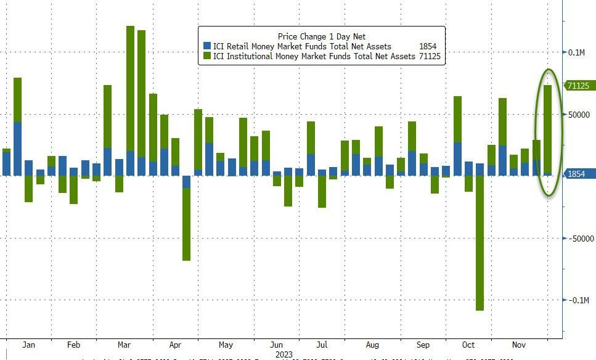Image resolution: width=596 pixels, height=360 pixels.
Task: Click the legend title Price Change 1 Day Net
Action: (x=322, y=37)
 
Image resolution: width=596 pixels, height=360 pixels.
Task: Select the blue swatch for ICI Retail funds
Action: (x=207, y=46)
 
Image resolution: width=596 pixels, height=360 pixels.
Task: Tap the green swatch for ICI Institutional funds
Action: (x=207, y=56)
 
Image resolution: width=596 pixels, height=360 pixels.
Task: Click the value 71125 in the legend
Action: (x=429, y=56)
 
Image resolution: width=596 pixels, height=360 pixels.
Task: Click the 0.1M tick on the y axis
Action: (x=577, y=52)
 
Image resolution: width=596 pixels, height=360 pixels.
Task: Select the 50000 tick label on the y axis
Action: (x=579, y=115)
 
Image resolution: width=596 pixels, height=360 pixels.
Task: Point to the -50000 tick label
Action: (x=581, y=239)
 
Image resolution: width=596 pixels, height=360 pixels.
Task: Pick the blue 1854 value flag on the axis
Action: (x=577, y=174)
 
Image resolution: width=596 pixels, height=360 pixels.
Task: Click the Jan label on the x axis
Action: (x=29, y=345)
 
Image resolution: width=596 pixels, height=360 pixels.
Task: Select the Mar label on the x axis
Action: (x=124, y=345)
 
